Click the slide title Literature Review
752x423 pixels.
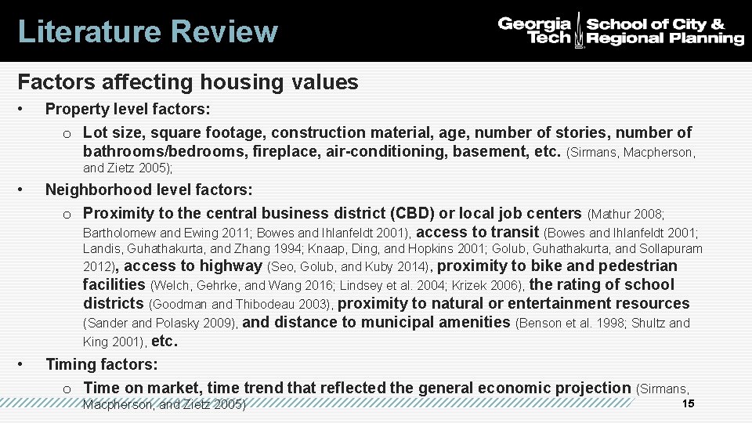[147, 32]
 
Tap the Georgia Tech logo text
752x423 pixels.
[536, 31]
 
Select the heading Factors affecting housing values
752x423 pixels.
[187, 82]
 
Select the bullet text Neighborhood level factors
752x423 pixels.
[149, 190]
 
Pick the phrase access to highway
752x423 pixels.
[198, 266]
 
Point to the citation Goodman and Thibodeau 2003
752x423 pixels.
[242, 304]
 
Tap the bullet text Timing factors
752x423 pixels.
[102, 364]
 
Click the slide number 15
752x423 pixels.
[689, 403]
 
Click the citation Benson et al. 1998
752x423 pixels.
[574, 323]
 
